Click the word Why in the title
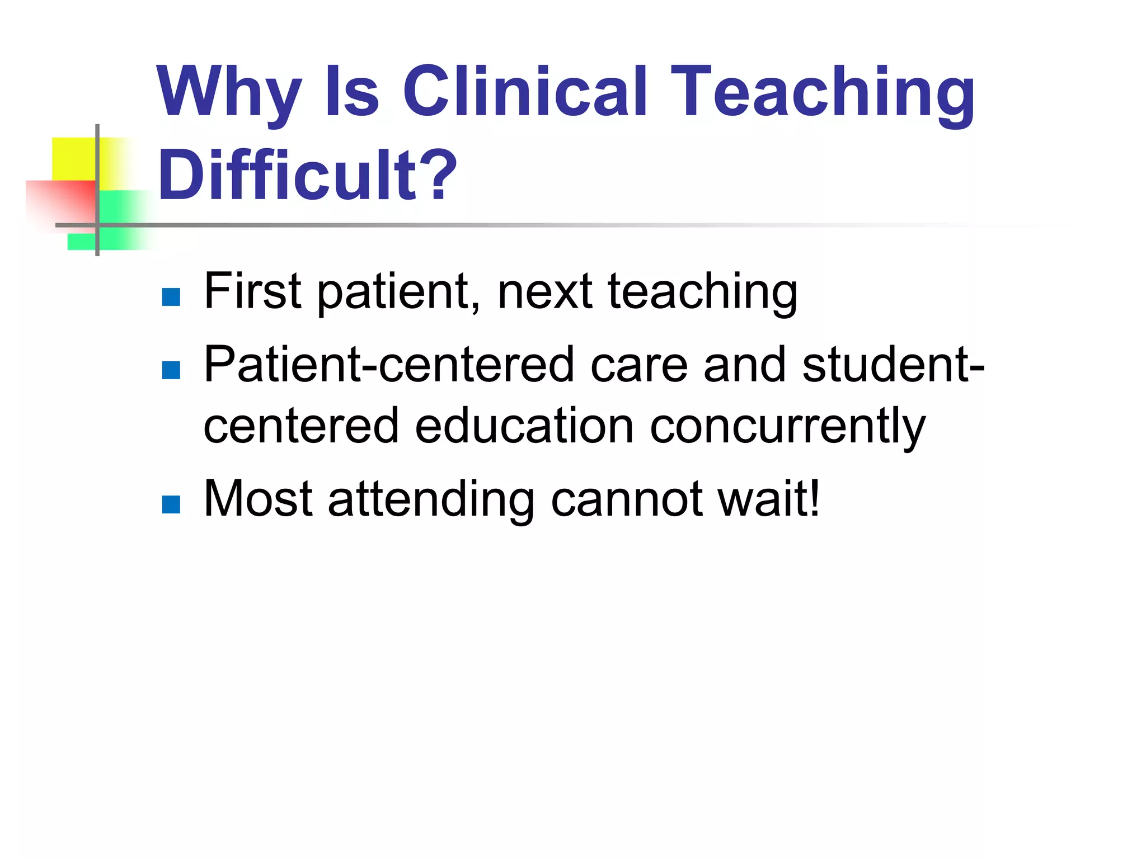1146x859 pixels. tap(229, 92)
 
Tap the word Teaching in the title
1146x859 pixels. tap(823, 92)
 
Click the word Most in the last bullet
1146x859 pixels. tap(258, 498)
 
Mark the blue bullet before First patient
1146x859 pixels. tap(171, 297)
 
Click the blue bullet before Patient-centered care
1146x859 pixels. tap(171, 370)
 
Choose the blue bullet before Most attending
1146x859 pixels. tap(171, 504)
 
